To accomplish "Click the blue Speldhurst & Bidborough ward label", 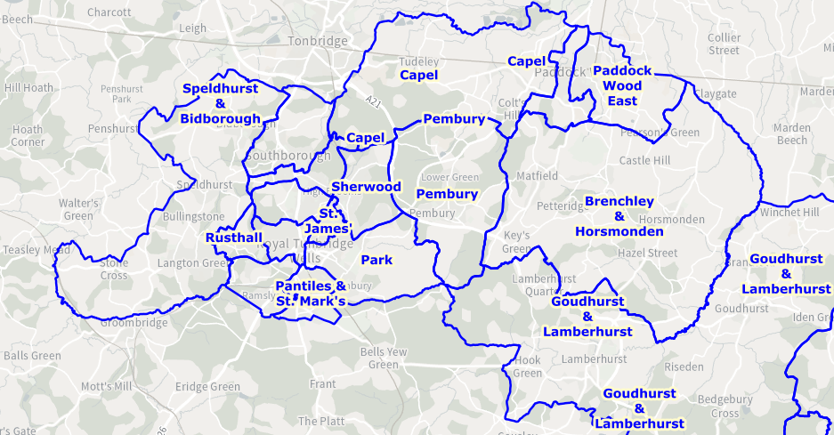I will point(220,103).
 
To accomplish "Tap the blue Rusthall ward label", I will point(234,238).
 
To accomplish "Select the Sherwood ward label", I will point(366,187).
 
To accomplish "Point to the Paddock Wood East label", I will point(622,85).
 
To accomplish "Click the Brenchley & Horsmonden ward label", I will point(619,216).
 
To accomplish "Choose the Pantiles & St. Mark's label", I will point(311,294).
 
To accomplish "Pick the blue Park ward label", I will point(377,260).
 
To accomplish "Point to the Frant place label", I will point(322,383).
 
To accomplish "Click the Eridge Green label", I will point(207,387).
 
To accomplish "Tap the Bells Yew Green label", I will point(384,358).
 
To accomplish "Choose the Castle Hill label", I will point(645,161).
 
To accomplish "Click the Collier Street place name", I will point(724,44).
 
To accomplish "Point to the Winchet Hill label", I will point(789,213).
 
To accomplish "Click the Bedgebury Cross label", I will point(725,406).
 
